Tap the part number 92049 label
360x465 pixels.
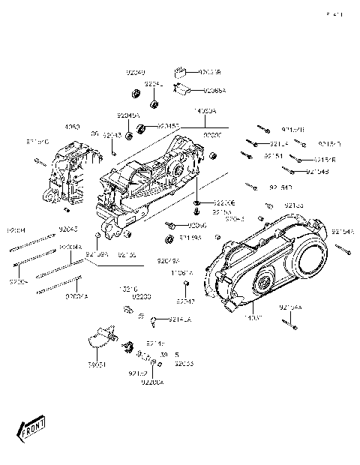point(135,73)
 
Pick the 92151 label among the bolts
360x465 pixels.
point(272,156)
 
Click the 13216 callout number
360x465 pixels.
point(130,287)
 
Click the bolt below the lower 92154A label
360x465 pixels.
point(294,347)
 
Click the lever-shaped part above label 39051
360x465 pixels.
point(100,337)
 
